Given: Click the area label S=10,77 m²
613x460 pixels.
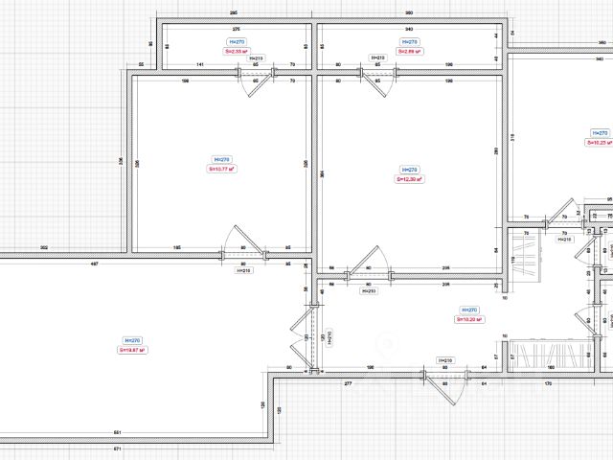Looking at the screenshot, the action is click(x=221, y=169).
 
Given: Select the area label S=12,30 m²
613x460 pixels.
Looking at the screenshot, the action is click(x=410, y=178).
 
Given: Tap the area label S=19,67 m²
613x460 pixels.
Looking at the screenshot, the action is click(x=133, y=350).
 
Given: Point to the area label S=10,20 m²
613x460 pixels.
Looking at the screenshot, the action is click(x=468, y=320).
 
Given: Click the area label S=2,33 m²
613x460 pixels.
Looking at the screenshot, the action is click(x=237, y=52).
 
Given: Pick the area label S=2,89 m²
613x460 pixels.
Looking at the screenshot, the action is click(x=409, y=52).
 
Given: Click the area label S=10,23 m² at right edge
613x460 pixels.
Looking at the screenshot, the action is click(x=600, y=142).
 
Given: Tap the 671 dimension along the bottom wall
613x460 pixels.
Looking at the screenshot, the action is click(x=118, y=448).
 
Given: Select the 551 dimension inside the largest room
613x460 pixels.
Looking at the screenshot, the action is click(x=118, y=432).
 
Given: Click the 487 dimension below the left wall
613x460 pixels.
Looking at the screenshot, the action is click(x=94, y=263).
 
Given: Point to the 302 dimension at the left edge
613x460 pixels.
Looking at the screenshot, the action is click(x=44, y=247).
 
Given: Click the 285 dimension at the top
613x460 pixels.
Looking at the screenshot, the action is click(x=234, y=12).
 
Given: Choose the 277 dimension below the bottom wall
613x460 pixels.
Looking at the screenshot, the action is click(x=348, y=383).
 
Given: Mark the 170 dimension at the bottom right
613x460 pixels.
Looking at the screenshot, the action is click(x=548, y=383).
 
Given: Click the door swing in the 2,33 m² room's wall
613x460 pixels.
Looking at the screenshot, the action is click(x=256, y=83).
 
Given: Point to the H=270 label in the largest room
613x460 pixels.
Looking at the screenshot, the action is click(x=133, y=340).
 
